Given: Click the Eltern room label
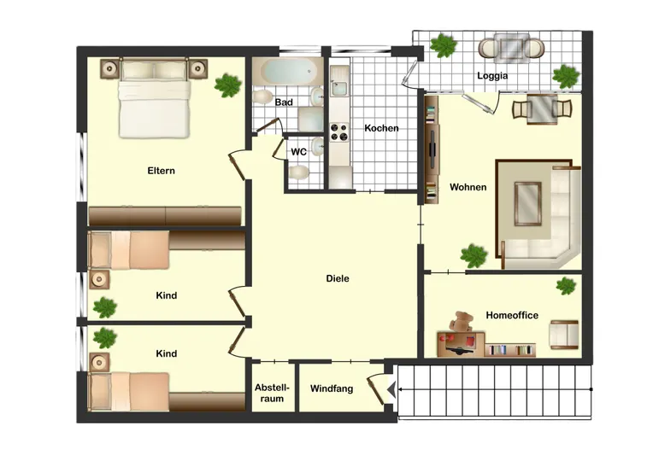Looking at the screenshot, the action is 162,171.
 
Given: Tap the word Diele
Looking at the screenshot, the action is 338,278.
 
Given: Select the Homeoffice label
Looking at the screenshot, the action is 512,315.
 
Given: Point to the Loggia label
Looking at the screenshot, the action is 492,76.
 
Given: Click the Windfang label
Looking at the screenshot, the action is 332,388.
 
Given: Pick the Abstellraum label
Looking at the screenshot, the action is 272,394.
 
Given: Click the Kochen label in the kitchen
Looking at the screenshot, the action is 381,128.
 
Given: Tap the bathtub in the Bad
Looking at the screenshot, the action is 287,72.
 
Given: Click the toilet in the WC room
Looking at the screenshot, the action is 298,172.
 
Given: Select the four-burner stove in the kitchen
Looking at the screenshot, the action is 339,131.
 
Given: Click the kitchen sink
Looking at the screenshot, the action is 339,87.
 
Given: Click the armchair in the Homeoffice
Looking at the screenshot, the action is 563,334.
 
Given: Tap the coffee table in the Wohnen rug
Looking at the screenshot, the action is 527,203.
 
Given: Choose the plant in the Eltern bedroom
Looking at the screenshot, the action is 228,85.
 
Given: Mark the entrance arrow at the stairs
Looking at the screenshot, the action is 391,389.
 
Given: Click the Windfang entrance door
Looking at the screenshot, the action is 376,390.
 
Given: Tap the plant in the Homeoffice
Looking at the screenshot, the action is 566,286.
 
